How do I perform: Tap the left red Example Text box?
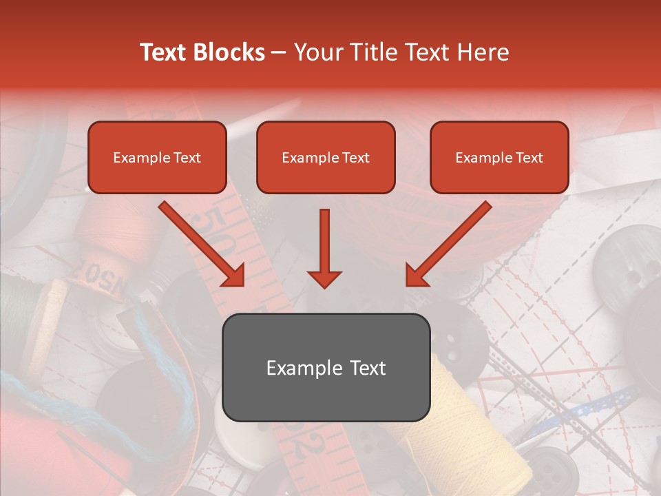pos(157,158)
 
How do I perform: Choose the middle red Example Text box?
pos(326,158)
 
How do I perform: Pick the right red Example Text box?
pos(499,158)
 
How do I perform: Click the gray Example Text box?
pos(326,367)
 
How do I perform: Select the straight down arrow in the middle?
pos(324,248)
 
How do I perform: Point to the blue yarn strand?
pos(155,365)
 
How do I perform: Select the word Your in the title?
pos(318,52)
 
